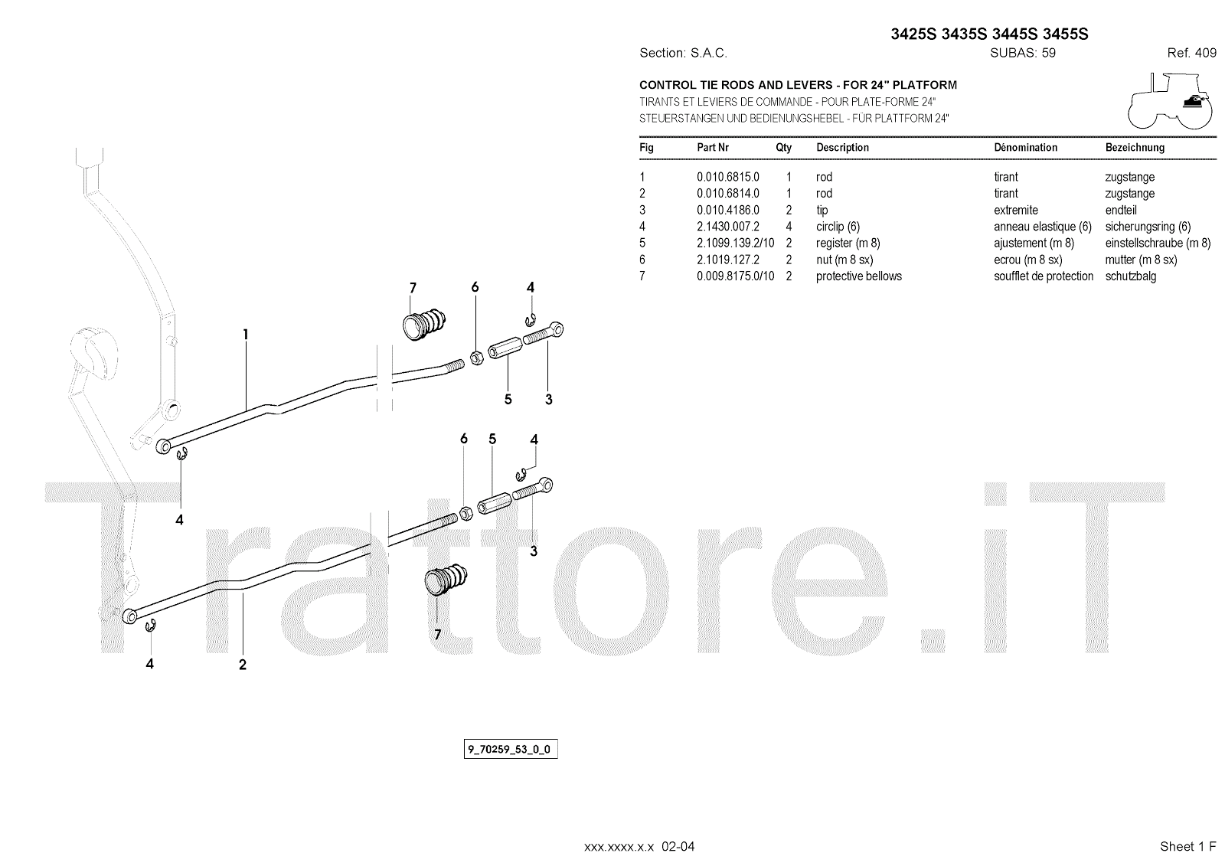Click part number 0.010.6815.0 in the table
727,177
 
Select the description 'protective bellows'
858,276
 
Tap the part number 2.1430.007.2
727,227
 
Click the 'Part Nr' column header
712,147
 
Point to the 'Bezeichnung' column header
1135,147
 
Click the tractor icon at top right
1170,100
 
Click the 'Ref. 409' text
1191,53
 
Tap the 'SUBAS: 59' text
1022,53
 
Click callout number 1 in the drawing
245,334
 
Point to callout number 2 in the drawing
242,665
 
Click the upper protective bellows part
424,322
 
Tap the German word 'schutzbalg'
1130,276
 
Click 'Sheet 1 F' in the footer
1187,846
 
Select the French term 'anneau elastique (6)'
1042,227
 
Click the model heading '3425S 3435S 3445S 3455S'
989,34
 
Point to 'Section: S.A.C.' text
683,53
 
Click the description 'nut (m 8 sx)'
844,260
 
